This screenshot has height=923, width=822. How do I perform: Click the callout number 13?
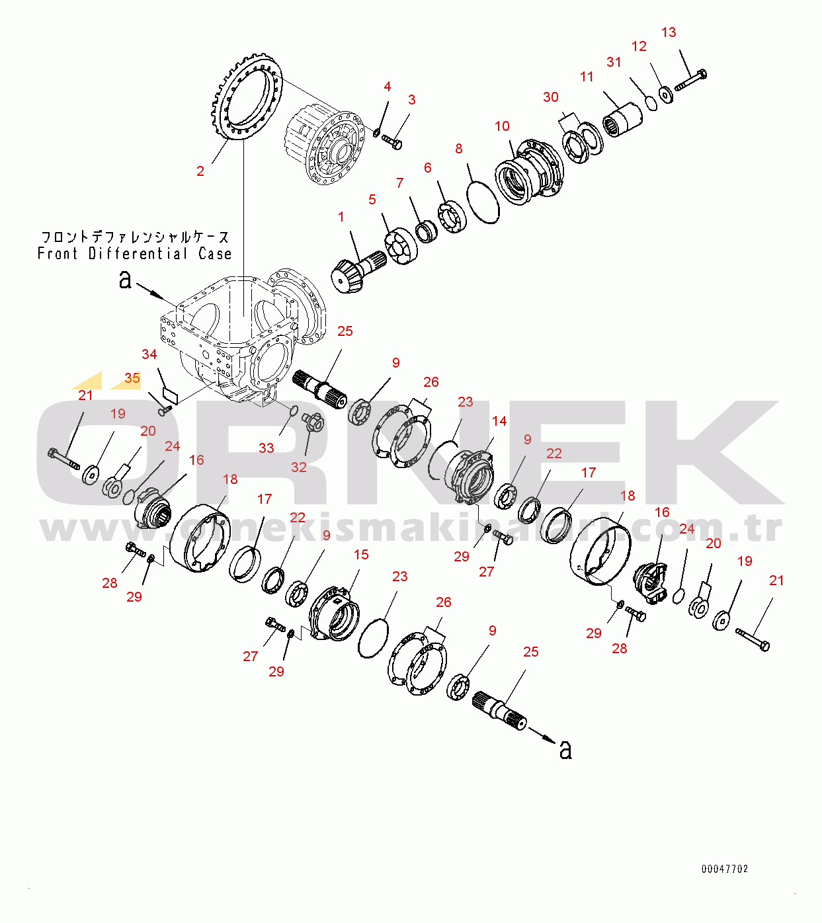coord(669,32)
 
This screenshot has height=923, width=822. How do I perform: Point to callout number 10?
coord(502,126)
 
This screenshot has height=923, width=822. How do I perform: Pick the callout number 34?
coord(149,354)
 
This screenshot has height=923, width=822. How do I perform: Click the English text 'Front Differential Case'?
coord(135,254)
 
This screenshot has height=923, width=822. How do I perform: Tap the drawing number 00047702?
coord(725,869)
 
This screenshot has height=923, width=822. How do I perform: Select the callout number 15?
coord(361,555)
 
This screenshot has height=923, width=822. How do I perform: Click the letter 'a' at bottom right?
coord(565,750)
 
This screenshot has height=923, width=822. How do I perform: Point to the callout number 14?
coord(499,421)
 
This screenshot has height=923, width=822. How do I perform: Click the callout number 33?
coord(266,448)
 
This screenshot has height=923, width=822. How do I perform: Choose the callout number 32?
coord(299,467)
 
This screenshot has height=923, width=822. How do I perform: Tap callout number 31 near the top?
coord(614,62)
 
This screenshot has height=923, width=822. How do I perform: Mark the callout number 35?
coord(132,378)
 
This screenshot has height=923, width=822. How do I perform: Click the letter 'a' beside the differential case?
coord(125,280)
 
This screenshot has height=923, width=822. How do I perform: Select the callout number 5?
coord(372,200)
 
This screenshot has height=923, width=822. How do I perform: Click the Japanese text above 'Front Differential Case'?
coord(135,237)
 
